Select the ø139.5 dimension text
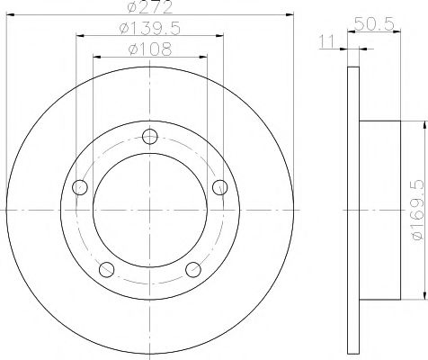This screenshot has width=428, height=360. [x=150, y=29]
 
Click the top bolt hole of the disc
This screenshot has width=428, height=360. [x=150, y=137]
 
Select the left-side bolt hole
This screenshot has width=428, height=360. [x=81, y=187]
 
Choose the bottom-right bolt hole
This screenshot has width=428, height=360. [x=192, y=268]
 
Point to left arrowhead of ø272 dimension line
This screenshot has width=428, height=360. [x=11, y=14]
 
